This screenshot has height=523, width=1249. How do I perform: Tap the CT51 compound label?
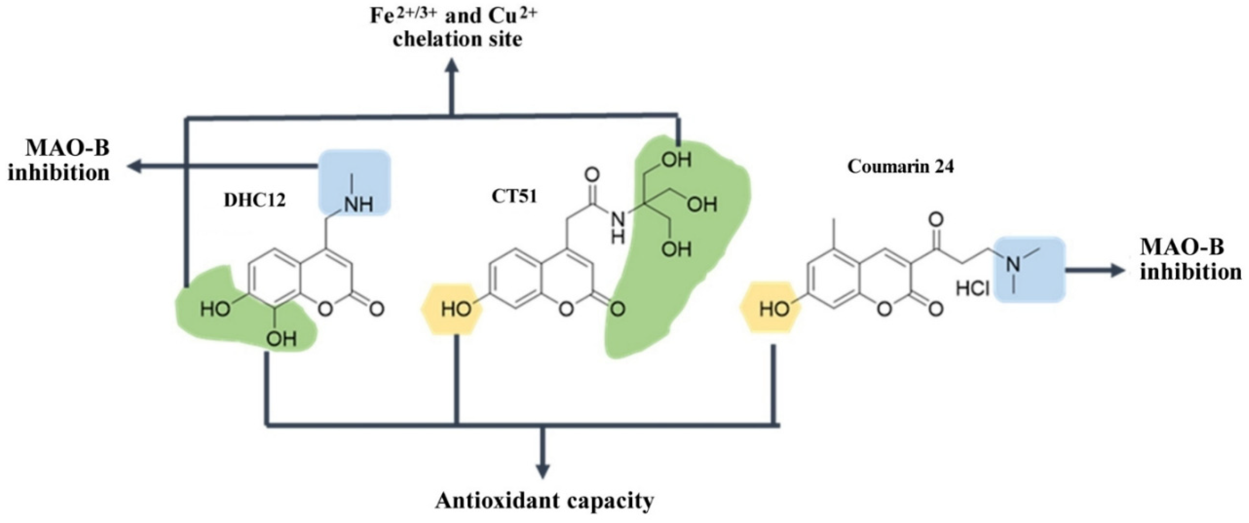(x=514, y=196)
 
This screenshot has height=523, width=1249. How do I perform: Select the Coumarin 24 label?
(x=900, y=167)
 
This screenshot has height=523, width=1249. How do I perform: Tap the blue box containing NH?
(x=354, y=182)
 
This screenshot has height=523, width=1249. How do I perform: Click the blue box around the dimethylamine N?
(x=1029, y=269)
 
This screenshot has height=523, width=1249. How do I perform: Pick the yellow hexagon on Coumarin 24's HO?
(x=771, y=308)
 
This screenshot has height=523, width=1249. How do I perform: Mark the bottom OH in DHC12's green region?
(x=281, y=338)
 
